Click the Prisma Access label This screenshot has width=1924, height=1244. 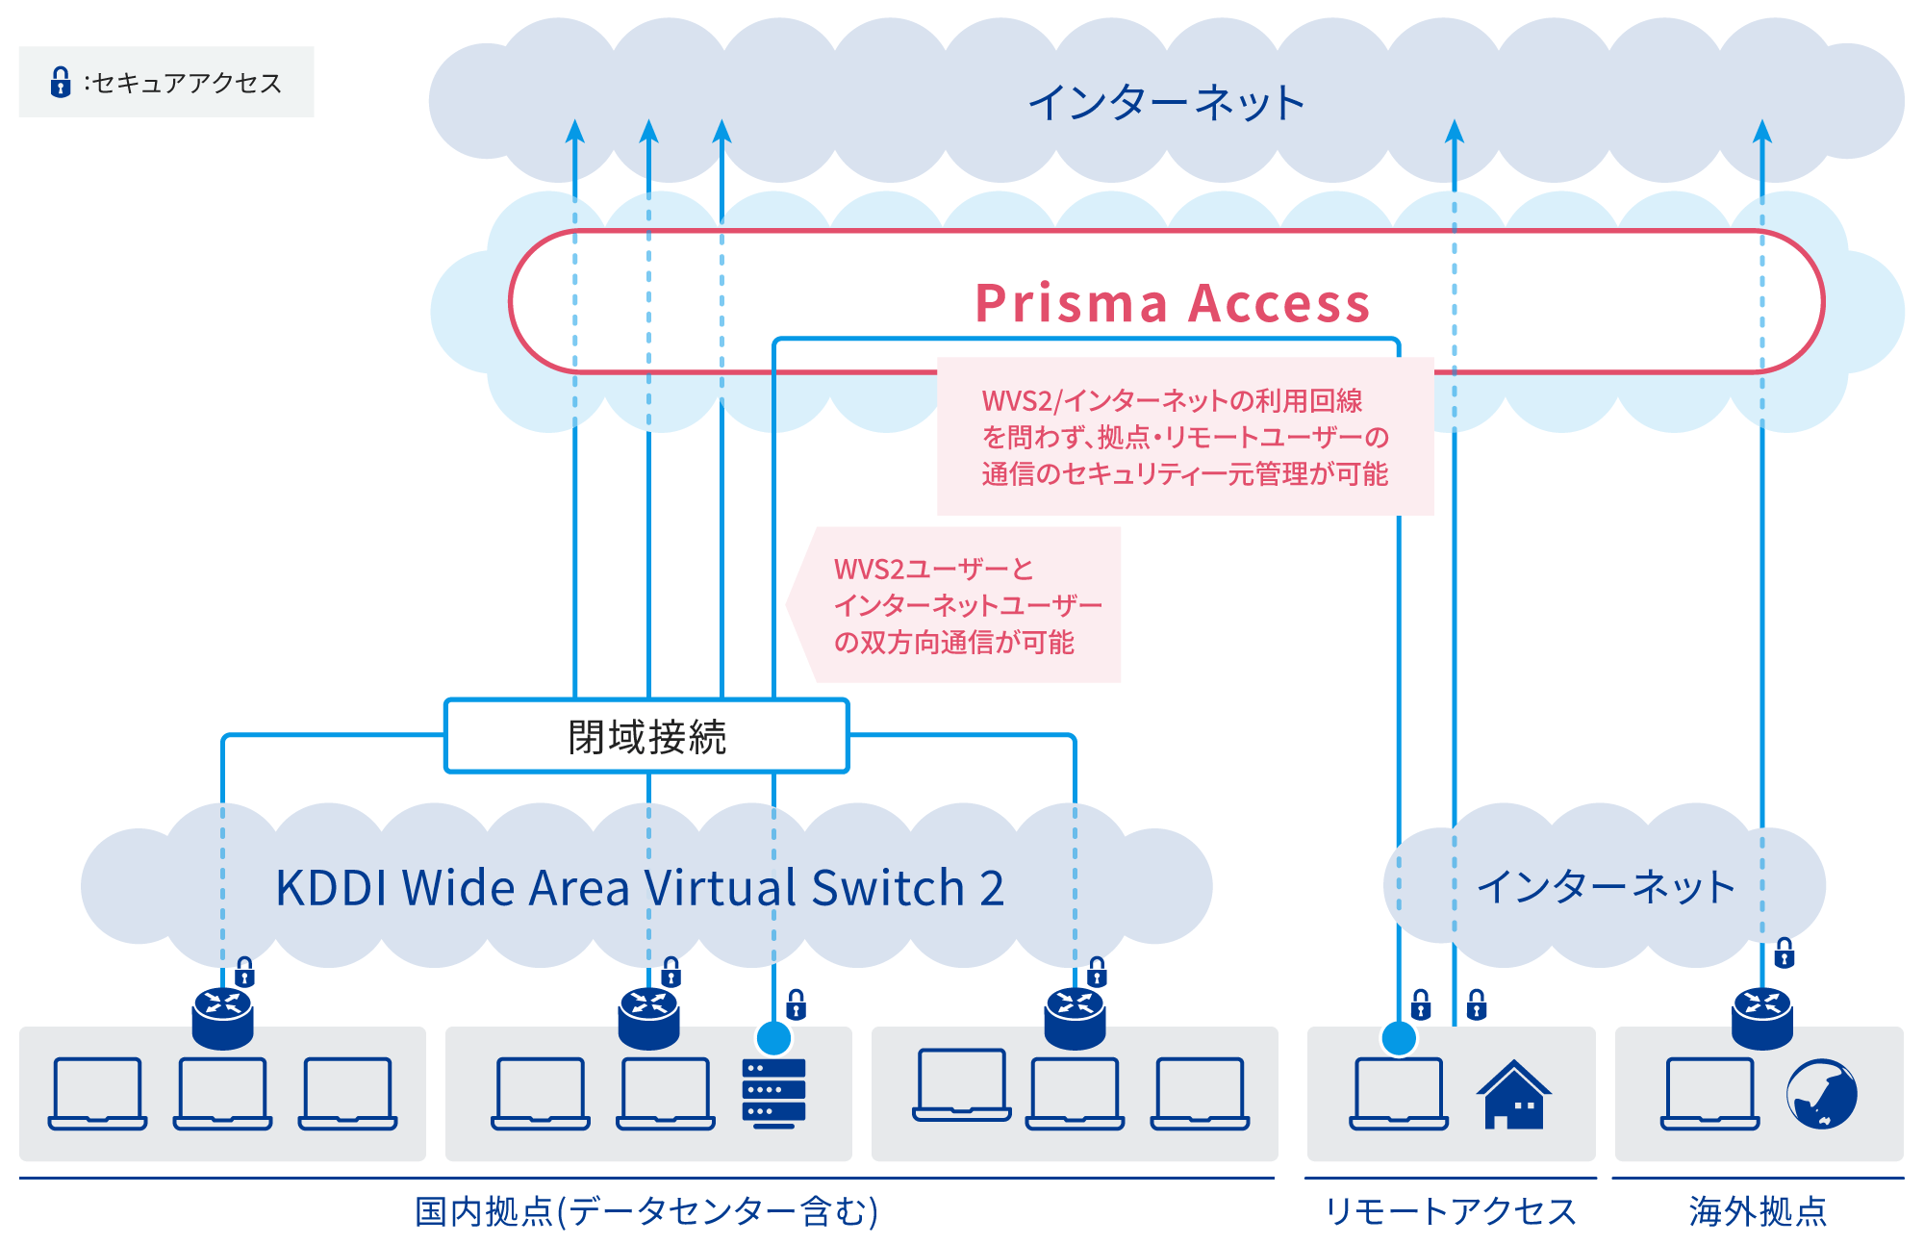[1172, 303]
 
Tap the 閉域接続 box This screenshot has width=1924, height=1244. [646, 737]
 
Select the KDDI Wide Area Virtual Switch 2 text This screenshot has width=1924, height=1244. [640, 887]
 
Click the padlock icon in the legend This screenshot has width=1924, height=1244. [61, 83]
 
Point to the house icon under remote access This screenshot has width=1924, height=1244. [1514, 1095]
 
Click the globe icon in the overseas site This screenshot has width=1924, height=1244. [1821, 1094]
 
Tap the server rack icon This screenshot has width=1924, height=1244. [773, 1092]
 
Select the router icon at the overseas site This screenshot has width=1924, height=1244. [1762, 1018]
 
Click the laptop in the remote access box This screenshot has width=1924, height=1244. [1399, 1094]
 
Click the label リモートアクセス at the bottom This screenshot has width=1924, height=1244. [1451, 1211]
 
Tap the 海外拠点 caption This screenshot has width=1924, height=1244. [1758, 1211]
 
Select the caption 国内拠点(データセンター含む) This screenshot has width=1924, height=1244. [646, 1211]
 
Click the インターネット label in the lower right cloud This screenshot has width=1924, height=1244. [1606, 887]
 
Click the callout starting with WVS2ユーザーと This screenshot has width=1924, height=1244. [967, 605]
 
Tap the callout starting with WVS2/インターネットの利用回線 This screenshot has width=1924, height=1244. [1185, 437]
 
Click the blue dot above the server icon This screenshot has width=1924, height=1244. [774, 1038]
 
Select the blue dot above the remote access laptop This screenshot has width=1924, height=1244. [1399, 1038]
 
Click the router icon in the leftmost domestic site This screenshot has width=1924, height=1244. [222, 1018]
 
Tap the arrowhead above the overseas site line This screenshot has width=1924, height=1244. [1762, 131]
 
